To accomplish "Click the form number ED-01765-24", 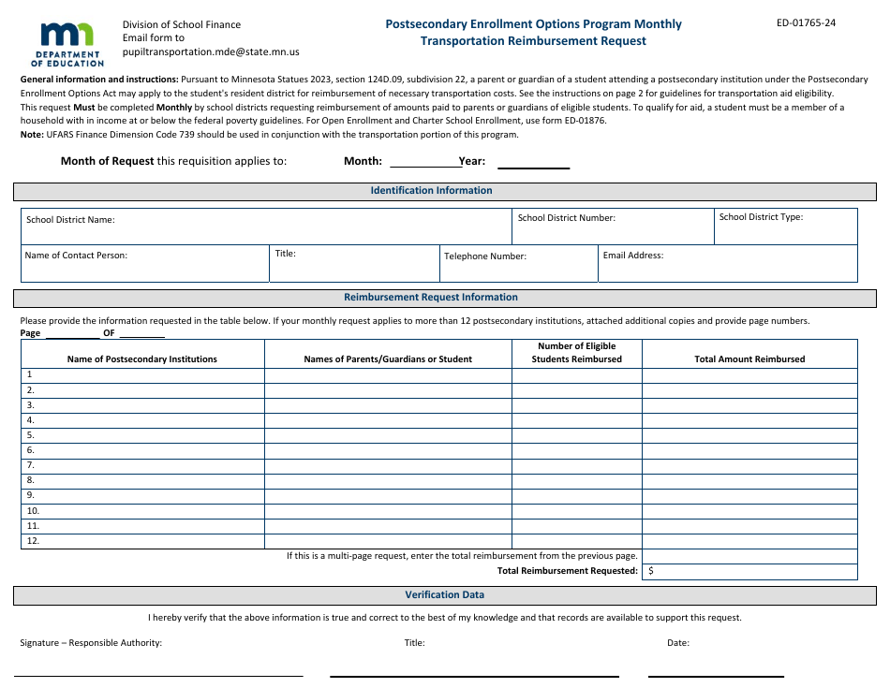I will click(806, 23).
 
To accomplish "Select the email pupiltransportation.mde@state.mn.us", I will click(211, 52).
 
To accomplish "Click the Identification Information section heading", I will click(431, 191).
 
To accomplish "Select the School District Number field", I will click(613, 227).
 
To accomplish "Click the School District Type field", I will click(786, 227).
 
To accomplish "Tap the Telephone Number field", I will click(518, 265).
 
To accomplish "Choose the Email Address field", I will click(727, 265).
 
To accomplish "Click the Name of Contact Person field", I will click(144, 265).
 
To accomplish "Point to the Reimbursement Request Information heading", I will click(431, 298).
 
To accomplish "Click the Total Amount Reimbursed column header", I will click(749, 359).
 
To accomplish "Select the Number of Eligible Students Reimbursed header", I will click(576, 353).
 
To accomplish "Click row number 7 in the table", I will click(30, 465).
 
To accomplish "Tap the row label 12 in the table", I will click(33, 541).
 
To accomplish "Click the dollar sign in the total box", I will click(651, 571).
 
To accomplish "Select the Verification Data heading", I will click(444, 595).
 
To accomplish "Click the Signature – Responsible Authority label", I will click(91, 643).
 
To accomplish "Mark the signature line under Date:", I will click(716, 674).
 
